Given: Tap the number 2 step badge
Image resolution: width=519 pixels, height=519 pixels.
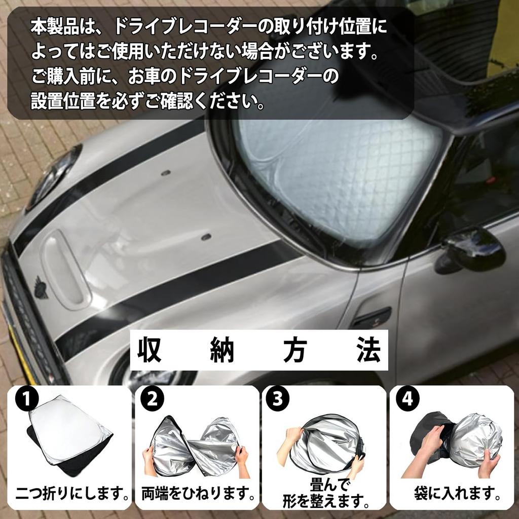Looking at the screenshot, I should [x=153, y=400].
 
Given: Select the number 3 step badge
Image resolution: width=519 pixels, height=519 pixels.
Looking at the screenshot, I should [x=277, y=400].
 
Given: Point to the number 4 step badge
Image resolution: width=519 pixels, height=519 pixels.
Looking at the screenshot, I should [x=407, y=400].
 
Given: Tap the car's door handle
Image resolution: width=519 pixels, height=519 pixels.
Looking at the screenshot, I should [x=373, y=318].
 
